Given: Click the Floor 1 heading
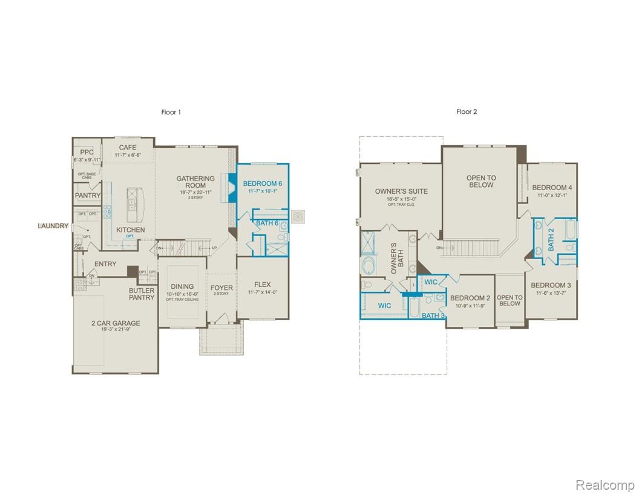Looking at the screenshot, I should pos(171,112).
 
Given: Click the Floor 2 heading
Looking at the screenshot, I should pos(467,111).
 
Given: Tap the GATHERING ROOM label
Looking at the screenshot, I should pos(195,182).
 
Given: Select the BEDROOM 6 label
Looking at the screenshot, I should pos(263,183).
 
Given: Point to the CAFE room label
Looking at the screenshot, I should pos(128,147).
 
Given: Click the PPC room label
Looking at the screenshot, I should pos(87,152).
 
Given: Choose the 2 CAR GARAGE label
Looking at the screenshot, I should pos(115,323).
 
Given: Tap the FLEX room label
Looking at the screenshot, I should pos(263,285).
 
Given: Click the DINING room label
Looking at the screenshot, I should pos(182,286).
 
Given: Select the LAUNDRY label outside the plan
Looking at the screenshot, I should pos(53,226).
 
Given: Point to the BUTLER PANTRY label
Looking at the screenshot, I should pos(142,294).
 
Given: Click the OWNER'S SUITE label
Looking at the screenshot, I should pos(401,191).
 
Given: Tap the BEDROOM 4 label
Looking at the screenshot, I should pos(552,188).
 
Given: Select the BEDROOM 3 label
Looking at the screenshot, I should pos(551,285).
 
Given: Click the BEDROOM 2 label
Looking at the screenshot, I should pos(470,298).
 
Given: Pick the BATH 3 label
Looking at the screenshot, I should pos(433,315).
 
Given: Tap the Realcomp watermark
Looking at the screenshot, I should pos(604,485).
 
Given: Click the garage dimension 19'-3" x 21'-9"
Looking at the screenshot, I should pos(115,331).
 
